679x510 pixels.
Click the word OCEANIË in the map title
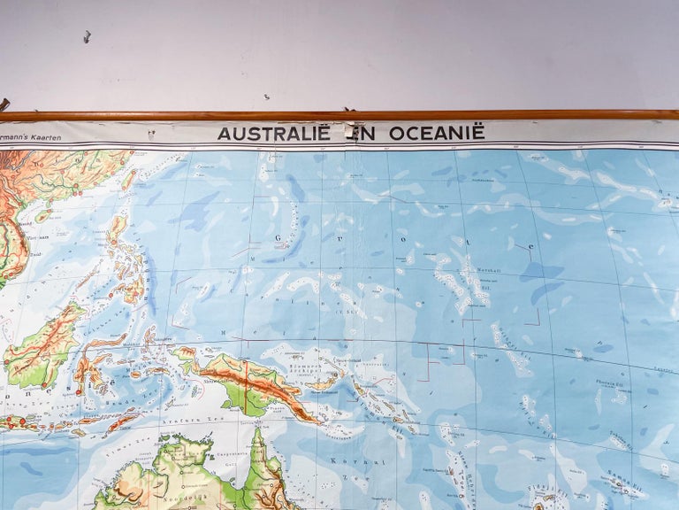[x=433, y=133]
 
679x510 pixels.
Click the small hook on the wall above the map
[x=87, y=37]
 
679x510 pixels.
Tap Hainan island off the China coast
[x=42, y=215]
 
